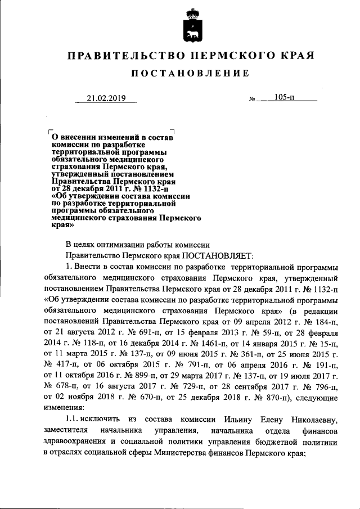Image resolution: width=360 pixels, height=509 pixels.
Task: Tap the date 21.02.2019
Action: pyautogui.click(x=105, y=99)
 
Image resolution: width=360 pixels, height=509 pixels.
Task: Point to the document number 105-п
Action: pyautogui.click(x=285, y=98)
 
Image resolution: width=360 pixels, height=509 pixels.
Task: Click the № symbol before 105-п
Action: pyautogui.click(x=252, y=100)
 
